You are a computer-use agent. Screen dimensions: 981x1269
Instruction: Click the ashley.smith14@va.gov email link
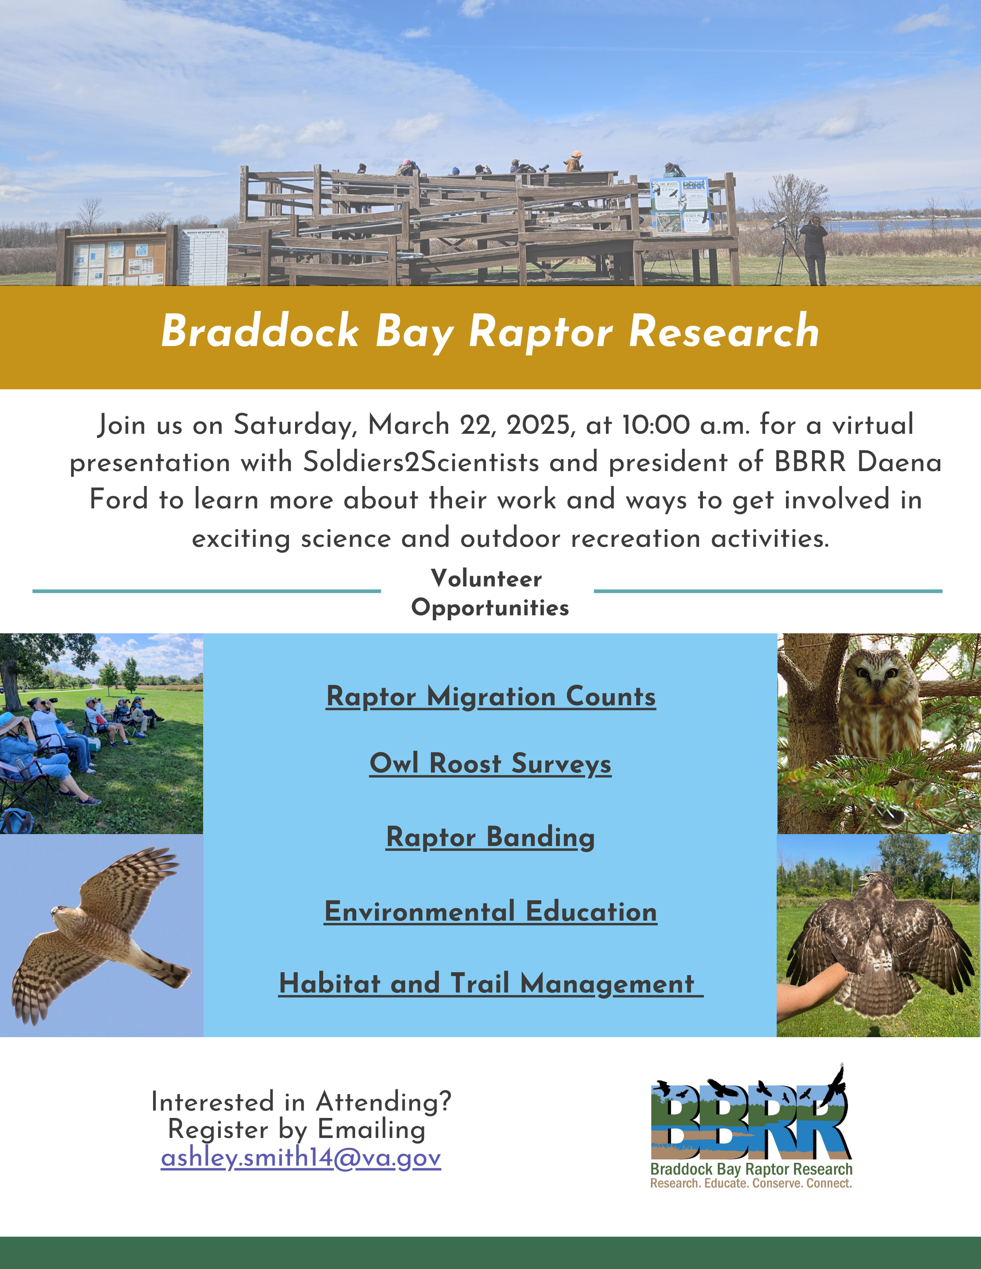[301, 1158]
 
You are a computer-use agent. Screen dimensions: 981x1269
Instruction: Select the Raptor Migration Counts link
[491, 696]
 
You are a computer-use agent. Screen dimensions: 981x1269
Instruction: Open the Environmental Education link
[491, 911]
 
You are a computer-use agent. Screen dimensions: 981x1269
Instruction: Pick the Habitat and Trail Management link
[491, 984]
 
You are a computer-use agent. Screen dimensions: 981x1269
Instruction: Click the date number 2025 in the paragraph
[538, 425]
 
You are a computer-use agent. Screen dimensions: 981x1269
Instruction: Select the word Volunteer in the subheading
[487, 579]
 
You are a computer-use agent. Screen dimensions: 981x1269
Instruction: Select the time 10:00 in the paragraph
[656, 425]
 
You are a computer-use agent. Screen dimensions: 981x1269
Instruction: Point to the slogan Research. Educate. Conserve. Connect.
[751, 1183]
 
